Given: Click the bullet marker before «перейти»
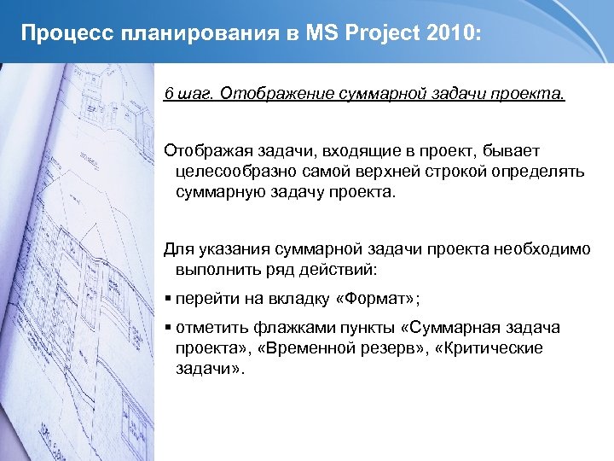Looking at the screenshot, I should [168, 299].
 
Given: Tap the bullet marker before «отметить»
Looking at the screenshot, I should [168, 329].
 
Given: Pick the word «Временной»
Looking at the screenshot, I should [372, 348].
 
